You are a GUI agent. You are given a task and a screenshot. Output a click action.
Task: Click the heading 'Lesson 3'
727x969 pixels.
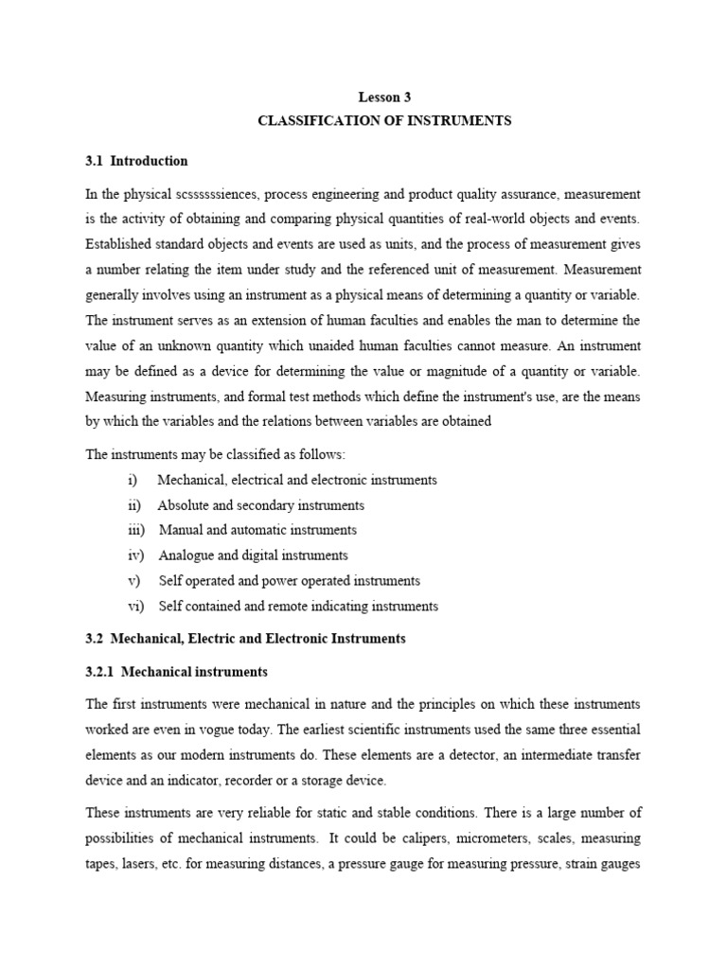coord(384,96)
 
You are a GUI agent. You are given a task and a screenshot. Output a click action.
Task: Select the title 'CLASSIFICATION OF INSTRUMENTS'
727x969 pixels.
coord(384,121)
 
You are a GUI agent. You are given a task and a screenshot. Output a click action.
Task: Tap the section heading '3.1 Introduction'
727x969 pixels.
coord(136,161)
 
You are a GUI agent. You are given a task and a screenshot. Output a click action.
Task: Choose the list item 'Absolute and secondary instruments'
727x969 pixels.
coord(261,505)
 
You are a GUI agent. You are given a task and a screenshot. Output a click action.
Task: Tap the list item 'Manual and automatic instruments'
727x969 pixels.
coord(257,530)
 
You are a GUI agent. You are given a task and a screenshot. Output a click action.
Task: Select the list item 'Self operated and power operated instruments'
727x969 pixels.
coord(289,580)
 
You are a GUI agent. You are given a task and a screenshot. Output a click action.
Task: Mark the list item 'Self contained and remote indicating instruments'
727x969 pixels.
coord(298,606)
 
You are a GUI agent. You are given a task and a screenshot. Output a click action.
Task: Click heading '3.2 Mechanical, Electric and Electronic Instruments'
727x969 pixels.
coord(245,639)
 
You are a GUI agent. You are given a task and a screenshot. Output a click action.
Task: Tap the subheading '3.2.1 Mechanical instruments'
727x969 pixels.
coord(177,672)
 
